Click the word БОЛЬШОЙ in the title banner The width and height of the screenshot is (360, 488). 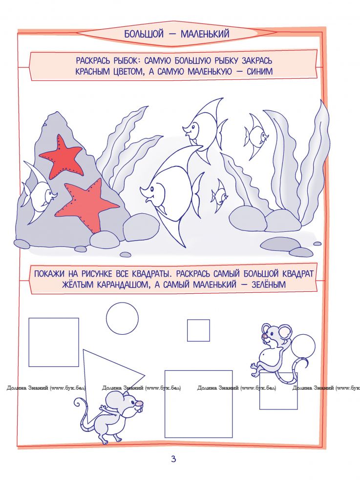144,34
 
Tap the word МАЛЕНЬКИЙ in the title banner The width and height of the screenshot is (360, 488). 205,34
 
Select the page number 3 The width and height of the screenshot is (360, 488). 173,459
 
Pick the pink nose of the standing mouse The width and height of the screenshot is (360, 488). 139,404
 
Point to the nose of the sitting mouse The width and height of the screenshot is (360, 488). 264,336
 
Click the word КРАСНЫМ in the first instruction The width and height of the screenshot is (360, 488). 93,72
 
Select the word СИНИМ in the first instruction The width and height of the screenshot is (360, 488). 259,72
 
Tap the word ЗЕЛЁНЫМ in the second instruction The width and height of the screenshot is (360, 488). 269,285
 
